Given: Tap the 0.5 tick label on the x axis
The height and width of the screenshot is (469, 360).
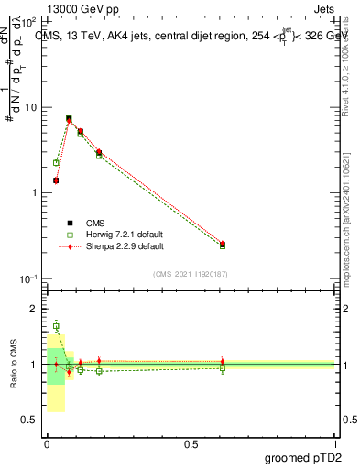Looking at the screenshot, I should point(191,443).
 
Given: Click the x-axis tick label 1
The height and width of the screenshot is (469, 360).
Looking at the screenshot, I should point(335,443).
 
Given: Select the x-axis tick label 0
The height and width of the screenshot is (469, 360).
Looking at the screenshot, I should point(47,443).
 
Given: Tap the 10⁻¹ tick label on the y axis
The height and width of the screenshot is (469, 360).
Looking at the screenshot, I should point(30,278).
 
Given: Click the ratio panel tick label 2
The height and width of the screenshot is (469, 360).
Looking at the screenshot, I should point(36,309).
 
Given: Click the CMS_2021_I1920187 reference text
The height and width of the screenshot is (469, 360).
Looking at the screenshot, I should point(191,273).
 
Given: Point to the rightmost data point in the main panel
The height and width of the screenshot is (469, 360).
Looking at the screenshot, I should point(223,245).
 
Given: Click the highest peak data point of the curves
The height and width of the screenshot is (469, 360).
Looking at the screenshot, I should point(69,118).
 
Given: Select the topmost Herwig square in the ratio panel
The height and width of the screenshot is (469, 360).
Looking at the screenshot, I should point(56,326).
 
